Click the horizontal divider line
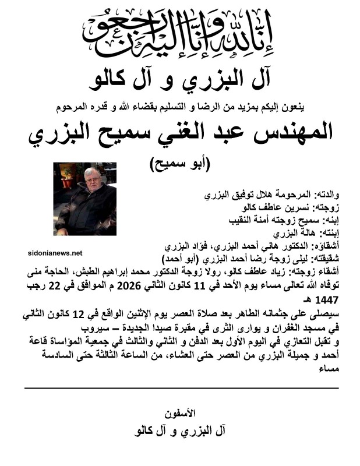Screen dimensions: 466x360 (181, 387)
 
